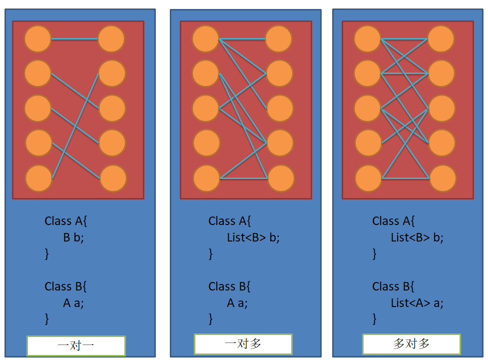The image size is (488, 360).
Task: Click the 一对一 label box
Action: click(x=76, y=345)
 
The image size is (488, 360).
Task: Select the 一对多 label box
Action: click(x=243, y=344)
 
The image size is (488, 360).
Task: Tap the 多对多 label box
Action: click(x=411, y=344)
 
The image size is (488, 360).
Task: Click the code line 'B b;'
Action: click(x=73, y=237)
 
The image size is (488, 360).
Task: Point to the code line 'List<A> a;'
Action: click(x=417, y=303)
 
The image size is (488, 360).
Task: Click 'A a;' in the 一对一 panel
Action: click(x=73, y=303)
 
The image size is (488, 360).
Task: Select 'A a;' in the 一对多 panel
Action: click(x=237, y=303)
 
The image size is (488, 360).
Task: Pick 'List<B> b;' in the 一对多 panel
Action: click(x=253, y=237)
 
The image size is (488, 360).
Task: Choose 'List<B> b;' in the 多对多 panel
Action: click(x=417, y=237)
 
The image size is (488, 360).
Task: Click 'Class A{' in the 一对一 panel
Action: click(x=66, y=221)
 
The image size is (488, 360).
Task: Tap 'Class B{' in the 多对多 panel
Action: click(x=394, y=286)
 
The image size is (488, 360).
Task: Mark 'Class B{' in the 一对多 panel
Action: click(x=230, y=286)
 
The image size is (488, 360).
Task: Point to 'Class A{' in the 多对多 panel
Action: click(x=394, y=221)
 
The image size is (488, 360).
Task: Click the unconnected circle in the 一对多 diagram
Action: click(x=206, y=143)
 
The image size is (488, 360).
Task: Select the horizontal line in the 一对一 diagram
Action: click(x=74, y=39)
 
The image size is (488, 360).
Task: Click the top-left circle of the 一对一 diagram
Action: click(x=37, y=39)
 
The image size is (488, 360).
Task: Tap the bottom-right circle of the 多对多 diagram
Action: click(x=443, y=178)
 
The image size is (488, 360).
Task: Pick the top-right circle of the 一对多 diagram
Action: click(x=279, y=39)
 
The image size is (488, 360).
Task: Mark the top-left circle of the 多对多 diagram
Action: click(x=368, y=39)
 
